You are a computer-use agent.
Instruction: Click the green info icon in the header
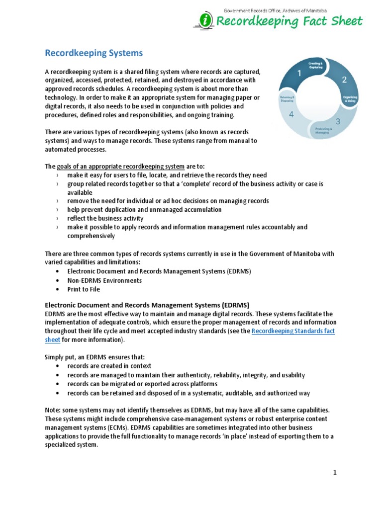coord(204,21)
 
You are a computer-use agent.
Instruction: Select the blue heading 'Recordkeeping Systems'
coord(94,53)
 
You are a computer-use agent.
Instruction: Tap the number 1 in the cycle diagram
coord(299,74)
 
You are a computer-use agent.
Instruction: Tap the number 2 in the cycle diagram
coord(343,80)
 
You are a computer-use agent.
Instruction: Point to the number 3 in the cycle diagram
coord(338,121)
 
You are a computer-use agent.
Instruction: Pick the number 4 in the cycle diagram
coord(291,114)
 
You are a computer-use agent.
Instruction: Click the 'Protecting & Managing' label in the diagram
coord(320,131)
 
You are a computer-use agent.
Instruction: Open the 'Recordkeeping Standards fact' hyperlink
coord(293,331)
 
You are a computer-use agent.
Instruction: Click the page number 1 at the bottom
coord(335,472)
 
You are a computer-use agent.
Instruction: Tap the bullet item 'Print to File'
coord(84,289)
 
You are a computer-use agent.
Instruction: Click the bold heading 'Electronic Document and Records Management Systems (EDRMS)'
coord(147,305)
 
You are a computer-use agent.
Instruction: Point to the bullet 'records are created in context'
coord(109,366)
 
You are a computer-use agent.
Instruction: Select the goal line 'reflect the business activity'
coord(105,218)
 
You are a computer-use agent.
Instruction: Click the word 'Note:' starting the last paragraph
coord(53,410)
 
